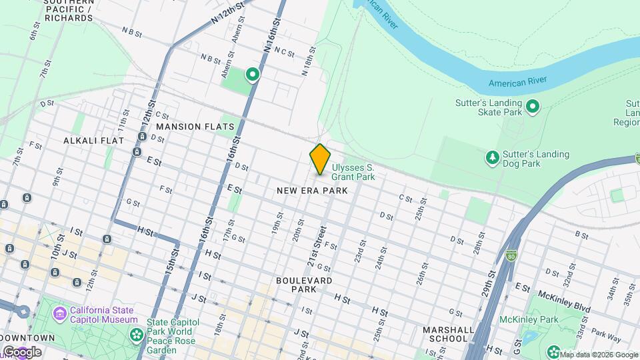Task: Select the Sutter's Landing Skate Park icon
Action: [x=533, y=107]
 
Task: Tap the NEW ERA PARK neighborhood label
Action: [x=312, y=191]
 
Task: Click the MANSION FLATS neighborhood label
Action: [x=195, y=126]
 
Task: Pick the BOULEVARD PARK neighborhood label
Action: [x=304, y=285]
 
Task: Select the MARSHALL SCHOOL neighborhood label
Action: [x=445, y=334]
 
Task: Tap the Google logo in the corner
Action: [x=21, y=351]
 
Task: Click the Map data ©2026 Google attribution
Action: [x=598, y=355]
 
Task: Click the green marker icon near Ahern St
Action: [x=253, y=74]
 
